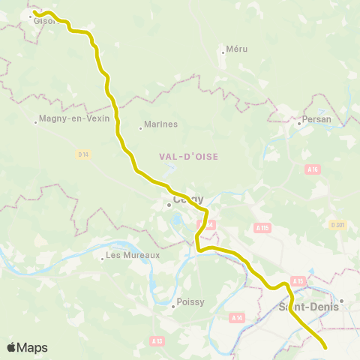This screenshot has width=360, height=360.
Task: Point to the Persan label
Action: click(x=316, y=119)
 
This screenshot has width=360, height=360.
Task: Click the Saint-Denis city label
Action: click(x=308, y=306)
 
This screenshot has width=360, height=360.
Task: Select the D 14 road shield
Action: click(x=82, y=154)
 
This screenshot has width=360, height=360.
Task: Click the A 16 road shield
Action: click(x=313, y=170)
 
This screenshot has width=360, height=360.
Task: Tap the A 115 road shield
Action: click(x=262, y=227)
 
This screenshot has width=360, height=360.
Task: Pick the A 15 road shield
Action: click(x=298, y=281)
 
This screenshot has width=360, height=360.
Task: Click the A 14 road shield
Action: click(x=237, y=318)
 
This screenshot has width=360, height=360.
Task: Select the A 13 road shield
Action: click(x=157, y=340)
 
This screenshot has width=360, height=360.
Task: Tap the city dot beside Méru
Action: click(x=223, y=52)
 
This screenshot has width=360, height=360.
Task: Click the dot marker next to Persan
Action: click(x=298, y=124)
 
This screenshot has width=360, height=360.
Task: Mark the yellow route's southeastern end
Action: click(x=325, y=346)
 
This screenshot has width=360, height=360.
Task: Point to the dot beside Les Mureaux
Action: click(x=102, y=259)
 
